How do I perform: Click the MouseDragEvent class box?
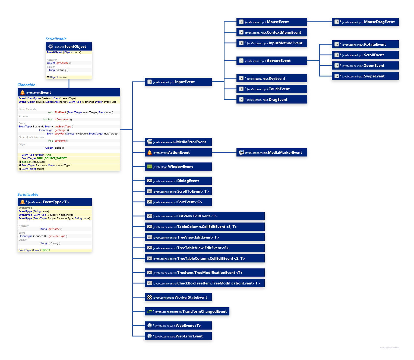click(x=365, y=22)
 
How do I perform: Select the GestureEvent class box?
click(x=271, y=61)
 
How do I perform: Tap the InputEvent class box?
click(x=178, y=82)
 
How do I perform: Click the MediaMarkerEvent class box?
click(x=271, y=153)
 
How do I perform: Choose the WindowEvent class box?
click(x=178, y=167)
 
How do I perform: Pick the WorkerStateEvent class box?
click(x=178, y=298)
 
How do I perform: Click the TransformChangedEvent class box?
click(x=187, y=312)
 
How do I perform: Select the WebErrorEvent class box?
click(x=178, y=336)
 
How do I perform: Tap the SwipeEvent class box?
click(x=365, y=76)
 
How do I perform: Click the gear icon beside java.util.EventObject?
click(x=51, y=47)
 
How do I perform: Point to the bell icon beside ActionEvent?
click(x=150, y=153)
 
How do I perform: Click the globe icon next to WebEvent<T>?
click(x=150, y=326)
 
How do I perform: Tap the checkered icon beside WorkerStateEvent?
click(x=150, y=298)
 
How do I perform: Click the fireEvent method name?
click(x=61, y=112)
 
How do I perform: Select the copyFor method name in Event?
click(x=60, y=134)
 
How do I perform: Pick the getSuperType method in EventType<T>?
click(x=57, y=236)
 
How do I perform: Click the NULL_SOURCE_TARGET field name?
click(x=52, y=158)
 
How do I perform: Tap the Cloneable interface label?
click(x=26, y=85)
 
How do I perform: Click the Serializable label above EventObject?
click(x=56, y=39)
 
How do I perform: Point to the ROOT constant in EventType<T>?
click(x=46, y=250)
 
